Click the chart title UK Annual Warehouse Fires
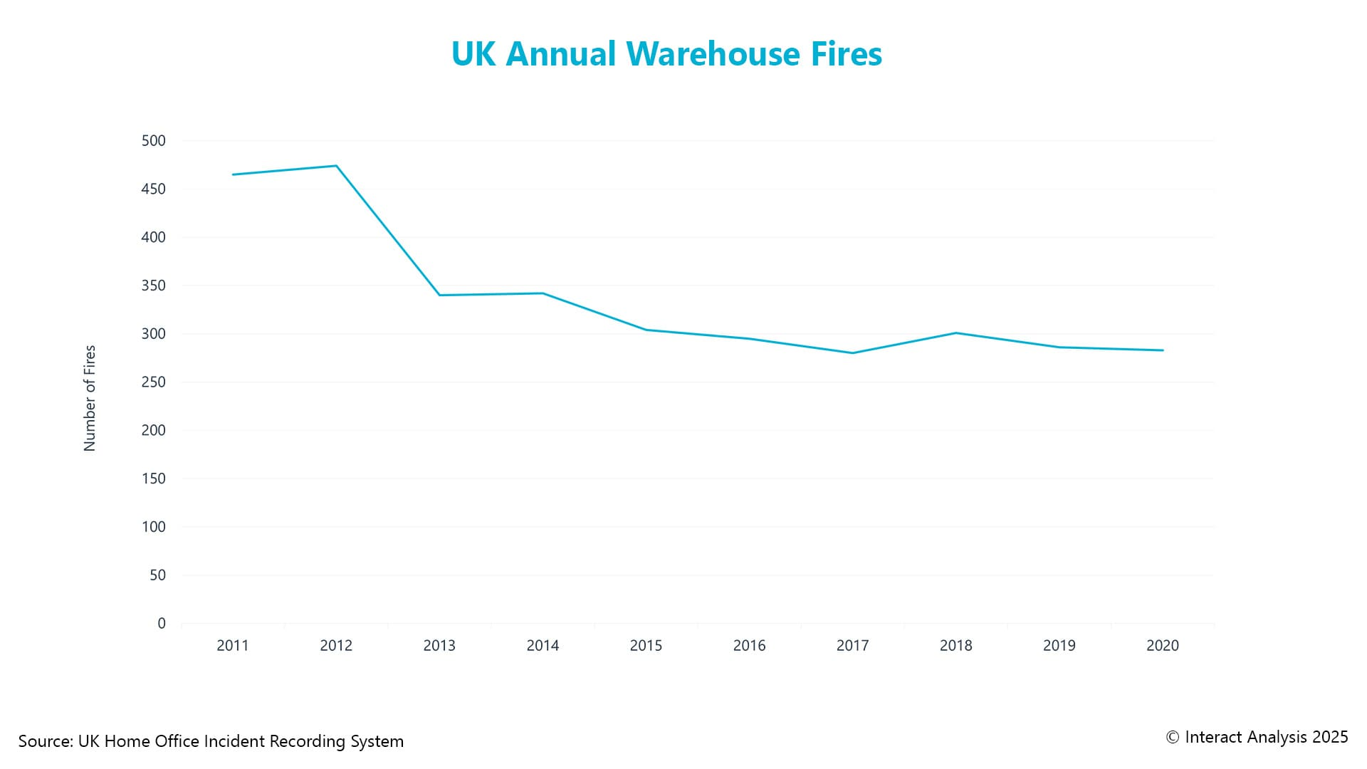(x=666, y=54)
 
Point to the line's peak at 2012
(x=336, y=166)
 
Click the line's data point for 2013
(x=439, y=295)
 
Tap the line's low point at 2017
(x=852, y=353)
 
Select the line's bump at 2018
(x=955, y=333)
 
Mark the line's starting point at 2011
(x=233, y=174)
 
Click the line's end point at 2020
(x=1163, y=350)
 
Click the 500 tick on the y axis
(x=154, y=141)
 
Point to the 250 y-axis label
(x=154, y=382)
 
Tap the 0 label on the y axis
(x=162, y=624)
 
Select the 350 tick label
(x=154, y=286)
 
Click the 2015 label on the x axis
(x=646, y=646)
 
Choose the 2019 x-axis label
(x=1059, y=646)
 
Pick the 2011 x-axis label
(x=233, y=646)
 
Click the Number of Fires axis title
(x=90, y=398)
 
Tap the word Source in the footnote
(x=44, y=741)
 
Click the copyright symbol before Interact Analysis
(x=1173, y=738)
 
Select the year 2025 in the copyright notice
(x=1330, y=738)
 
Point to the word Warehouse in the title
(x=713, y=54)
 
